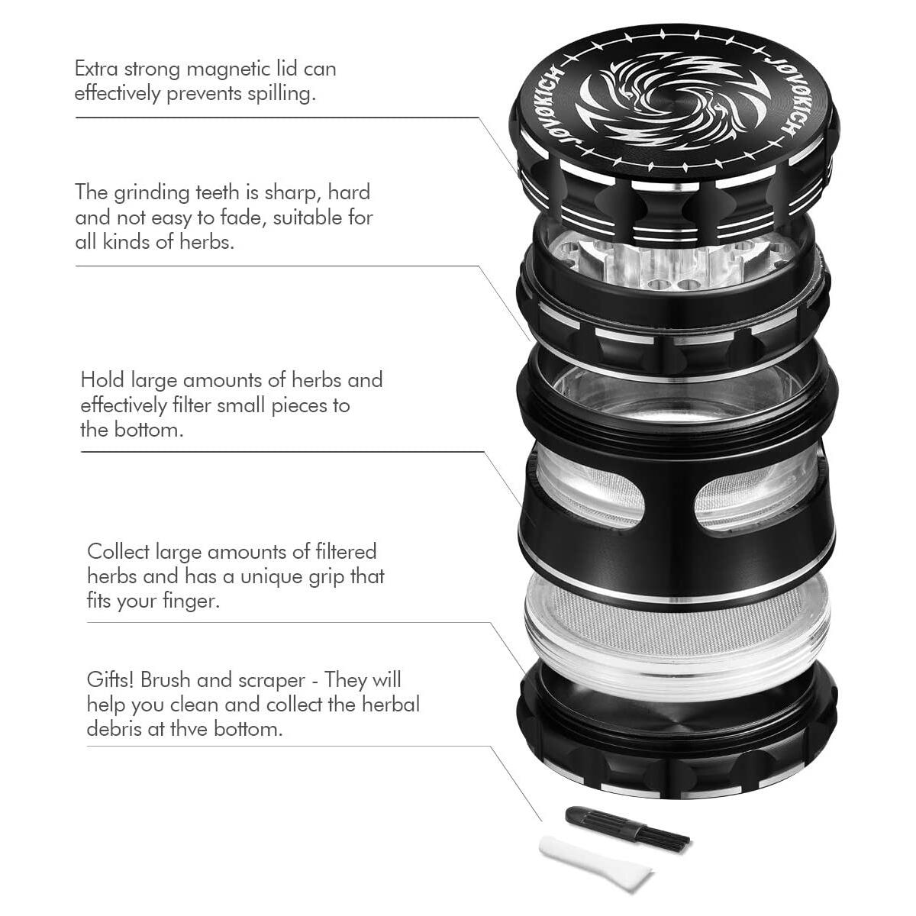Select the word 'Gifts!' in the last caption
pos(110,680)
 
